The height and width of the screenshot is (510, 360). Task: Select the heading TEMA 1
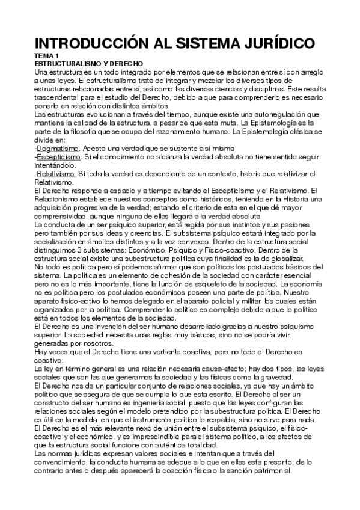[x=47, y=55]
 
